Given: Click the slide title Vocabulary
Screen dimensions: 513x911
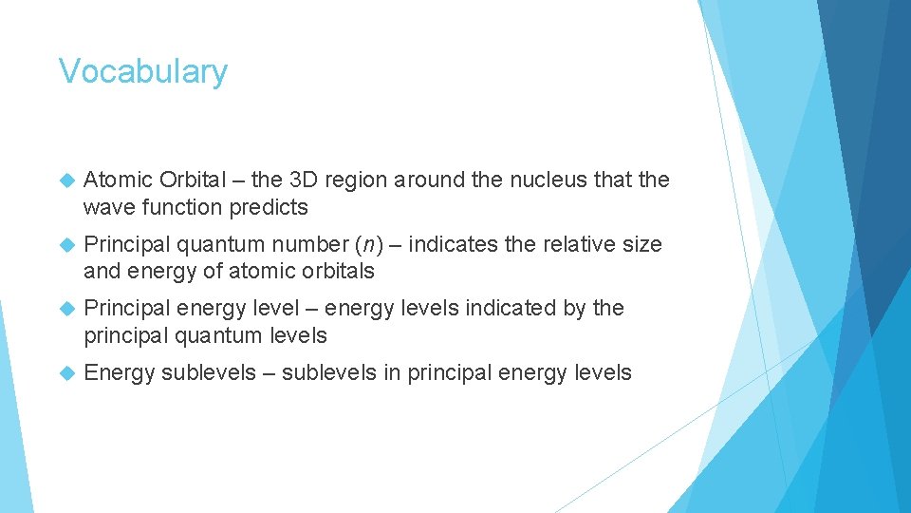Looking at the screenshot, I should [143, 72].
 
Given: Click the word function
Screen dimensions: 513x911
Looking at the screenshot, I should [177, 206].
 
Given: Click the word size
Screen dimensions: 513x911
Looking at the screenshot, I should [642, 244].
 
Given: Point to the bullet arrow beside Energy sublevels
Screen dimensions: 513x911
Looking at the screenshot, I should [65, 373].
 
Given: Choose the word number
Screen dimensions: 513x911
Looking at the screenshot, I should [307, 244].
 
